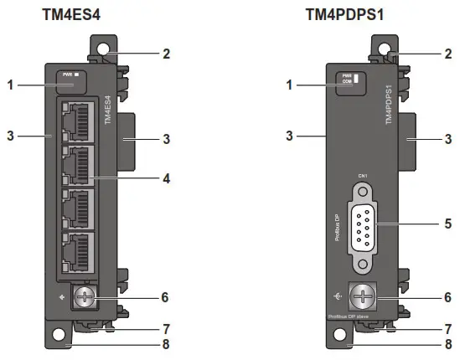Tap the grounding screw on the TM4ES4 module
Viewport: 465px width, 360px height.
[84, 296]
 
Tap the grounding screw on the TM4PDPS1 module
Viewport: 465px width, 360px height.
[362, 297]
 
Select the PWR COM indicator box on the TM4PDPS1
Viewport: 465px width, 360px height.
[348, 82]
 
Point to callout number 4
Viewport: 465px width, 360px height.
[167, 178]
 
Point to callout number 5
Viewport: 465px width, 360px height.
[447, 224]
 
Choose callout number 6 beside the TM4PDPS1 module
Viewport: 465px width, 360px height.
[447, 297]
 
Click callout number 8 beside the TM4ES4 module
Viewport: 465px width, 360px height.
[167, 342]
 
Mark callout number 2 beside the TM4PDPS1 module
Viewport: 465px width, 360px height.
[447, 53]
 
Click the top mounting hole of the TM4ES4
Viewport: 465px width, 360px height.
[104, 49]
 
